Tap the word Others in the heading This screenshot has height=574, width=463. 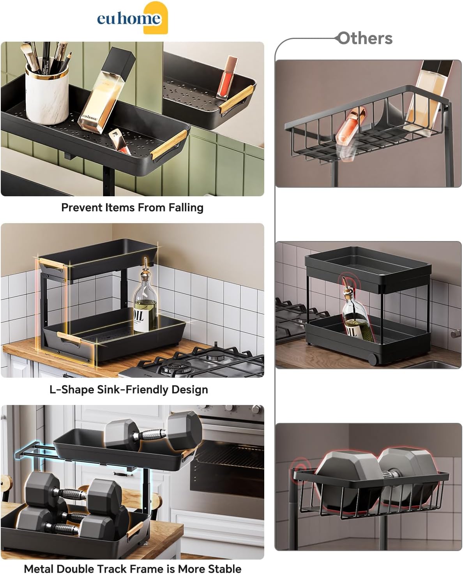coord(365,39)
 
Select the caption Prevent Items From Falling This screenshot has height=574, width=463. coord(132,208)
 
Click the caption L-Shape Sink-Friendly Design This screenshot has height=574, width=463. coord(129,389)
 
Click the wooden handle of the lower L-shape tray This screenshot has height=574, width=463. coord(69,337)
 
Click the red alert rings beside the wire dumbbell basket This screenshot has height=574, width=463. coord(299,466)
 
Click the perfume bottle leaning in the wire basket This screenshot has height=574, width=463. coord(429,97)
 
